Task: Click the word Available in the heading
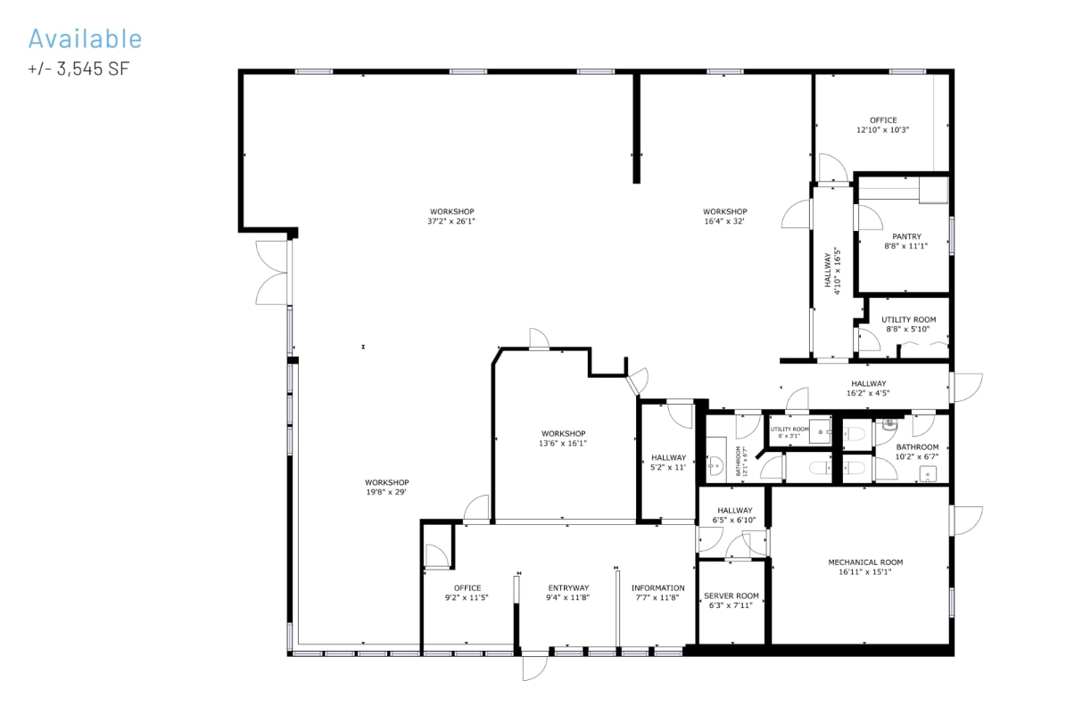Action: (85, 38)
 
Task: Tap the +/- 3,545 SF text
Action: (79, 68)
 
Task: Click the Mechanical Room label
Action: (865, 562)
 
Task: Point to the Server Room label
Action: (731, 595)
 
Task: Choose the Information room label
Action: (658, 587)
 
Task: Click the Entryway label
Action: (568, 587)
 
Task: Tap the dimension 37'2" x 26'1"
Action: (451, 221)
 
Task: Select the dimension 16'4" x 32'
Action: (724, 221)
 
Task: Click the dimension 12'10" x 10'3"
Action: (883, 130)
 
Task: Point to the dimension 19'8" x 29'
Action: (387, 492)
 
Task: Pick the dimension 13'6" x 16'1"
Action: (563, 443)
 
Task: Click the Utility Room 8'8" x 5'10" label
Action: (908, 324)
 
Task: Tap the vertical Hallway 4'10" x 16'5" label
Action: (832, 272)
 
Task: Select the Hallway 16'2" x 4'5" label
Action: (868, 388)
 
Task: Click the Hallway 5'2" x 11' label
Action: (668, 462)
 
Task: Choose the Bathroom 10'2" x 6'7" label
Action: (917, 451)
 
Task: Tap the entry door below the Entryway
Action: (535, 666)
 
